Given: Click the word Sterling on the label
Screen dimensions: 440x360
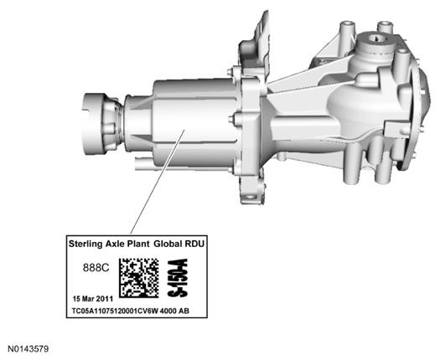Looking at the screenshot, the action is tap(85, 244).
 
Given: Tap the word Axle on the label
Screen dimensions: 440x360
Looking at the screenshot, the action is tap(115, 244).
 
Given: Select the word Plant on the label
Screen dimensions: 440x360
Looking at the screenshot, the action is tap(138, 244).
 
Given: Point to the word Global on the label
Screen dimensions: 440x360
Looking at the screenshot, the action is tap(168, 244).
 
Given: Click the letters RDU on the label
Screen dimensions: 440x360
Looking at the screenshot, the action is tap(194, 244).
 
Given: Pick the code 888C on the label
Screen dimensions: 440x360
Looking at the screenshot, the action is tap(96, 268).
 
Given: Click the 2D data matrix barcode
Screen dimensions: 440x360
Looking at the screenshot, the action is tap(139, 278).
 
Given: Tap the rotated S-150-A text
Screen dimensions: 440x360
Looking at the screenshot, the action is tap(178, 278).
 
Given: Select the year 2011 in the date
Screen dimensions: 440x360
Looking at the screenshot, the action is tap(105, 299).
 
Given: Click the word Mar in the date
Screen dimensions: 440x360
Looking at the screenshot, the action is tap(88, 299).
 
